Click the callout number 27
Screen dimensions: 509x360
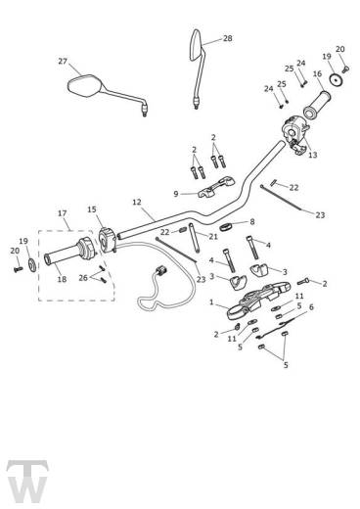pos(63,61)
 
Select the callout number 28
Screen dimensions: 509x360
pos(228,38)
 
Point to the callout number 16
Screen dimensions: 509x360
pos(317,73)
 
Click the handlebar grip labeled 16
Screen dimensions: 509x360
pos(324,100)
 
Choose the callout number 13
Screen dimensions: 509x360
pos(312,154)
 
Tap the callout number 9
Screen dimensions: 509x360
pos(176,194)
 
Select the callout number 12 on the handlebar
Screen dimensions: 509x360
pos(137,203)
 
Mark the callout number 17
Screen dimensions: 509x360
pos(63,213)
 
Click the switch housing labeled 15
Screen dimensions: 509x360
pos(107,238)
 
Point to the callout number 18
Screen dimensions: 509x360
pos(63,280)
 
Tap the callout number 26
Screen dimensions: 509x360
pos(82,278)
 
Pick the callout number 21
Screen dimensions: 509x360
pos(212,236)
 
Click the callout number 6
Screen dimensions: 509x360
pos(312,307)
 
